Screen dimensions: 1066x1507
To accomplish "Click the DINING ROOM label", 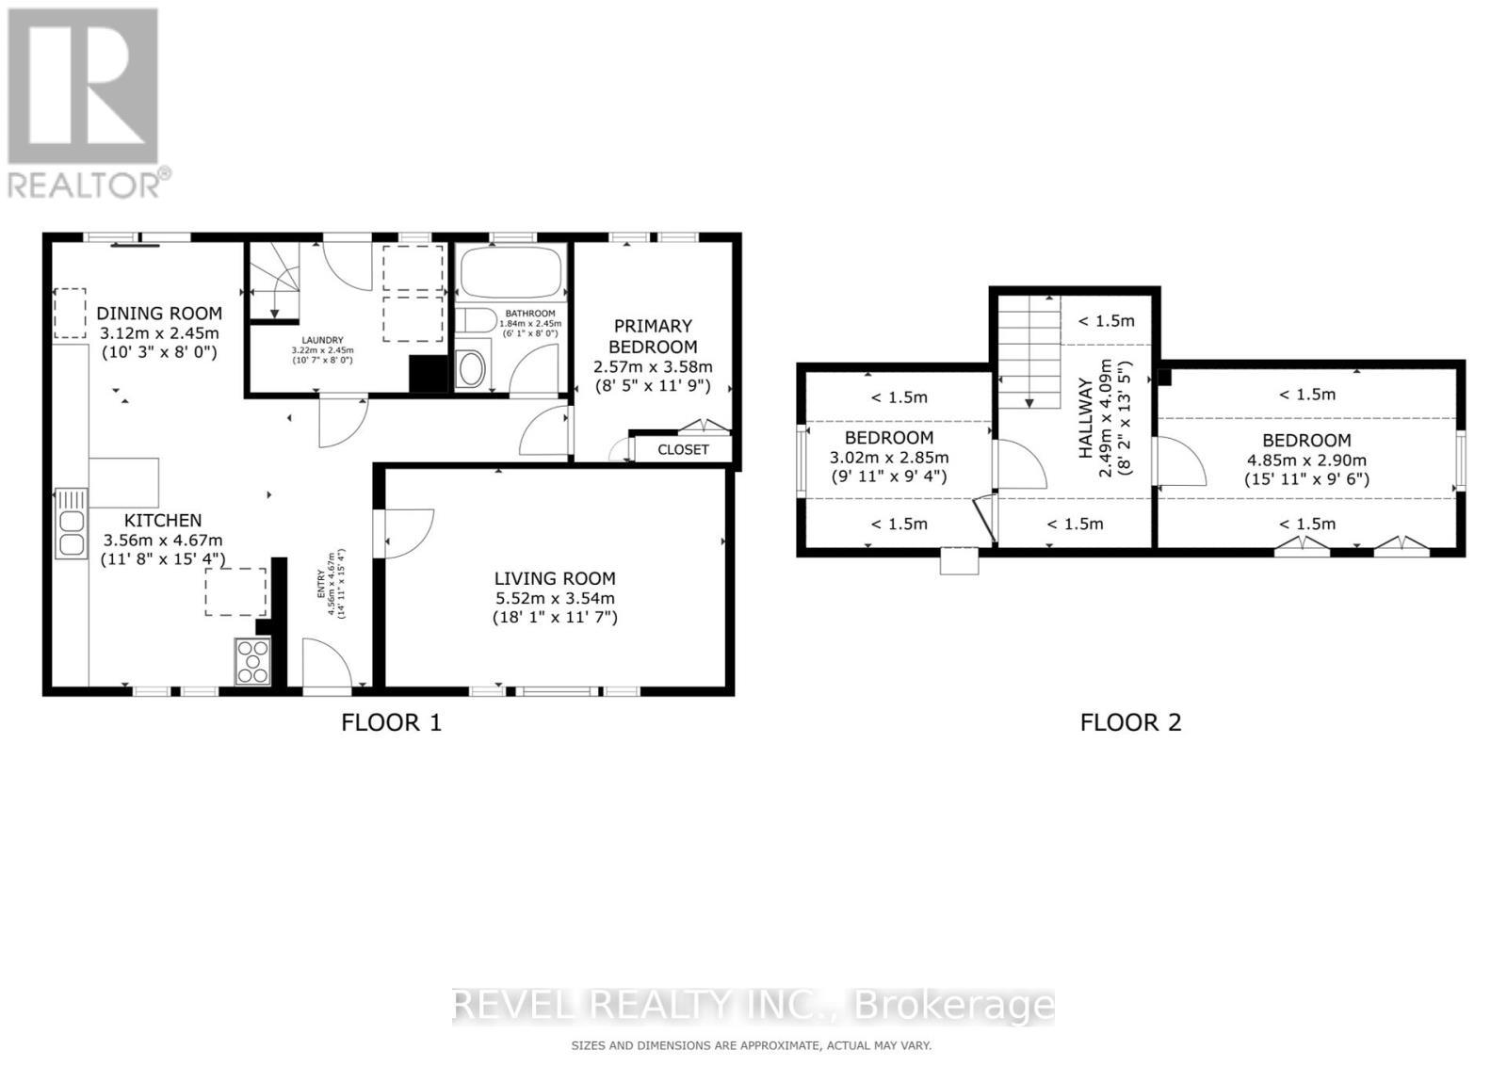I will (x=159, y=314).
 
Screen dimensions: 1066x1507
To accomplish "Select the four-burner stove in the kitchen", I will (x=252, y=661).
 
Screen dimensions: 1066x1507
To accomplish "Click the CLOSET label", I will (x=683, y=449).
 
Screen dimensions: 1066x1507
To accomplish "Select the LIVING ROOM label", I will (x=555, y=578).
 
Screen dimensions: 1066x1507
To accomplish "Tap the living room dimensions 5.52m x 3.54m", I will (x=555, y=598).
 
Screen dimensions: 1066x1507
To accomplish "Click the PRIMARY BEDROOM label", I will (x=653, y=336).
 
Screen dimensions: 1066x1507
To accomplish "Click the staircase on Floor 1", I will (x=273, y=281).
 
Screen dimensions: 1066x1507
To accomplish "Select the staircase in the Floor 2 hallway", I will (x=1029, y=350).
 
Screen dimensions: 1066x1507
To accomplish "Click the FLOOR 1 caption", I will (x=391, y=722).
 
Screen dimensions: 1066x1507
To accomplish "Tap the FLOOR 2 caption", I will (x=1130, y=722).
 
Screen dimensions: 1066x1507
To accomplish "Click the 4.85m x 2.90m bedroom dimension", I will (x=1306, y=460).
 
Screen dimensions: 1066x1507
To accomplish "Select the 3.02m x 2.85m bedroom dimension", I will (x=889, y=458).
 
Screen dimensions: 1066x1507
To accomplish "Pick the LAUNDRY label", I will (x=322, y=340).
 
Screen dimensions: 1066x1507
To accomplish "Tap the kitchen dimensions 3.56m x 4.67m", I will (x=163, y=540).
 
